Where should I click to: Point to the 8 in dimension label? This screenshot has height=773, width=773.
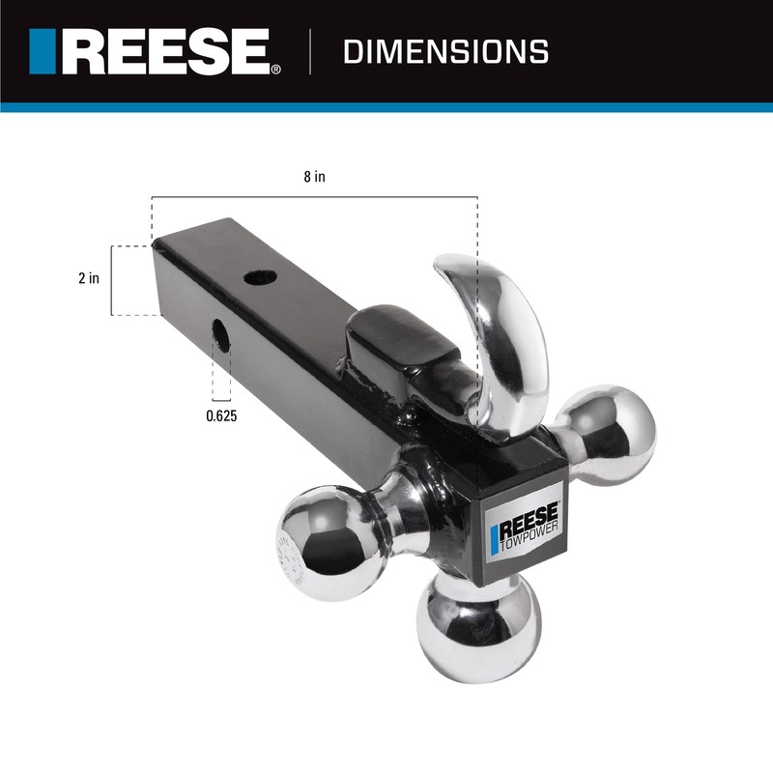(313, 177)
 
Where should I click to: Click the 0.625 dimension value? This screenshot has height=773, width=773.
(222, 416)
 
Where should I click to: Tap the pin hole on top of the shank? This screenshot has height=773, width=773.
(260, 277)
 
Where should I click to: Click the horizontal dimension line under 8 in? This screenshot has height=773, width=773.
(313, 197)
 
